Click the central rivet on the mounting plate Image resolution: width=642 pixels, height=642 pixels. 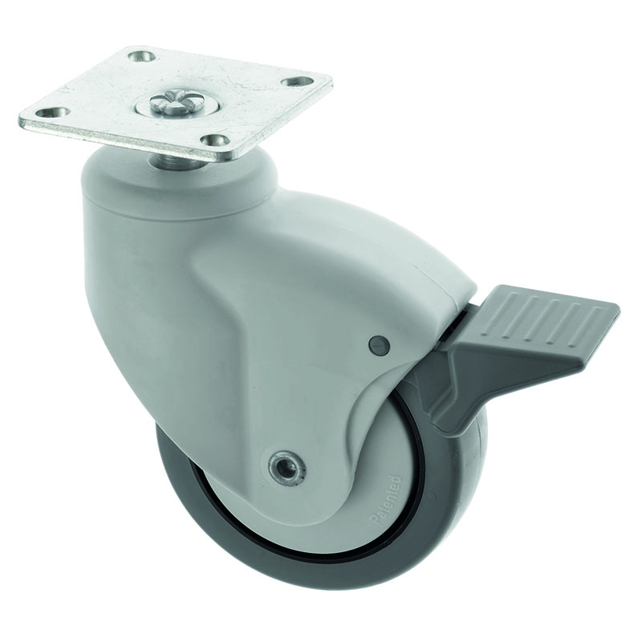point(164,104)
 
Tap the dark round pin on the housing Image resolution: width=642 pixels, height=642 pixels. point(379,345)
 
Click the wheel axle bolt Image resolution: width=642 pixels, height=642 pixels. point(284,465)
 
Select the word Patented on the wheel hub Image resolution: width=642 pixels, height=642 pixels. point(387,498)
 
